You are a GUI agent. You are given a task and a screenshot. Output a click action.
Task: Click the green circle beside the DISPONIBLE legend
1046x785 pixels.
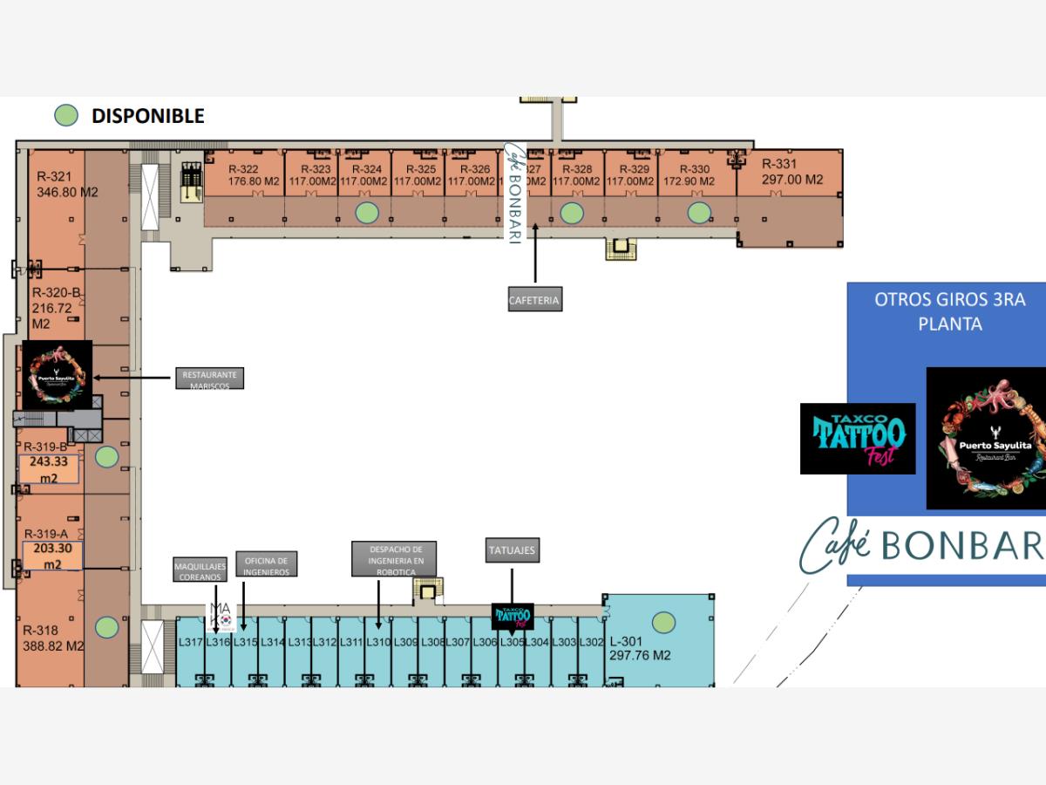(66, 115)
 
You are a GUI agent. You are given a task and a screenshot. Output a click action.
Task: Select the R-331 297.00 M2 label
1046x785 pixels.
(791, 172)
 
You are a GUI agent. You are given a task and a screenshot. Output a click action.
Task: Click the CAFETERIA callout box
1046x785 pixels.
(534, 301)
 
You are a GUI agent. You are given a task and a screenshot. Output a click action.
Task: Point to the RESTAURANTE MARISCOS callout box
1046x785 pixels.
(209, 378)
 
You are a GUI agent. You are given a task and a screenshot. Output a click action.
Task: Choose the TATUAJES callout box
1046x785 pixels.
(513, 550)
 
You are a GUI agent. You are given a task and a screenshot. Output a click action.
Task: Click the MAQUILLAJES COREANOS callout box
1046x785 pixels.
(200, 571)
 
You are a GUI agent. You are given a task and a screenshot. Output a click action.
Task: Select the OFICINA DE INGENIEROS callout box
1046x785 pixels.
(266, 564)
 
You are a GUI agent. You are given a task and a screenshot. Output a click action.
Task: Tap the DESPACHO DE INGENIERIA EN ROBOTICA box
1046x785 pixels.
(394, 559)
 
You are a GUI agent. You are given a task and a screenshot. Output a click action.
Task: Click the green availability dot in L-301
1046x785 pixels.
(664, 623)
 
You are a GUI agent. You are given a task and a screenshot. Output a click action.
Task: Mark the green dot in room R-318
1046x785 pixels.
(106, 626)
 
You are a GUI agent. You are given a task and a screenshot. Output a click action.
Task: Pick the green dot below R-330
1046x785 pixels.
(699, 212)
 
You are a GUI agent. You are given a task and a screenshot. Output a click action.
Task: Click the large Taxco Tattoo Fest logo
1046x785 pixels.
(858, 438)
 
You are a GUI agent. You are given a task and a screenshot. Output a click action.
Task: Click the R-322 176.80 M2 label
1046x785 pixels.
(253, 175)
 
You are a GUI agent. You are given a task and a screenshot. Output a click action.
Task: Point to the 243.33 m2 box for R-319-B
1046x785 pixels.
(49, 468)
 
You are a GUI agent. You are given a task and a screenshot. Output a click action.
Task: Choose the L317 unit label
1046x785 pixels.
(190, 643)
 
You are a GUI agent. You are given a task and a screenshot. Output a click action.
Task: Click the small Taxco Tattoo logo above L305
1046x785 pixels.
(513, 616)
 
